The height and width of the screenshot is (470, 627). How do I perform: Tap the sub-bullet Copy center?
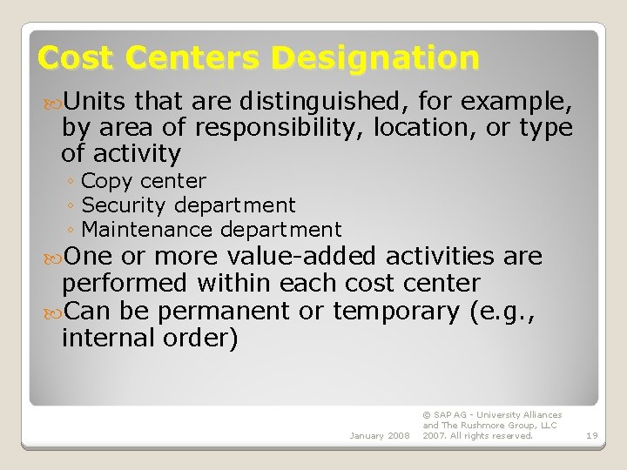pos(143,181)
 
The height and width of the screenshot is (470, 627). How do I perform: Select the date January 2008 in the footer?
pos(380,435)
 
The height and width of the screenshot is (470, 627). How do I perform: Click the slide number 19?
pos(591,435)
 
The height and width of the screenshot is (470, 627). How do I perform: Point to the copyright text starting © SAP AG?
pos(491,425)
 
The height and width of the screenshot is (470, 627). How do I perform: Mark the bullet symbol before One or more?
pos(52,257)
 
